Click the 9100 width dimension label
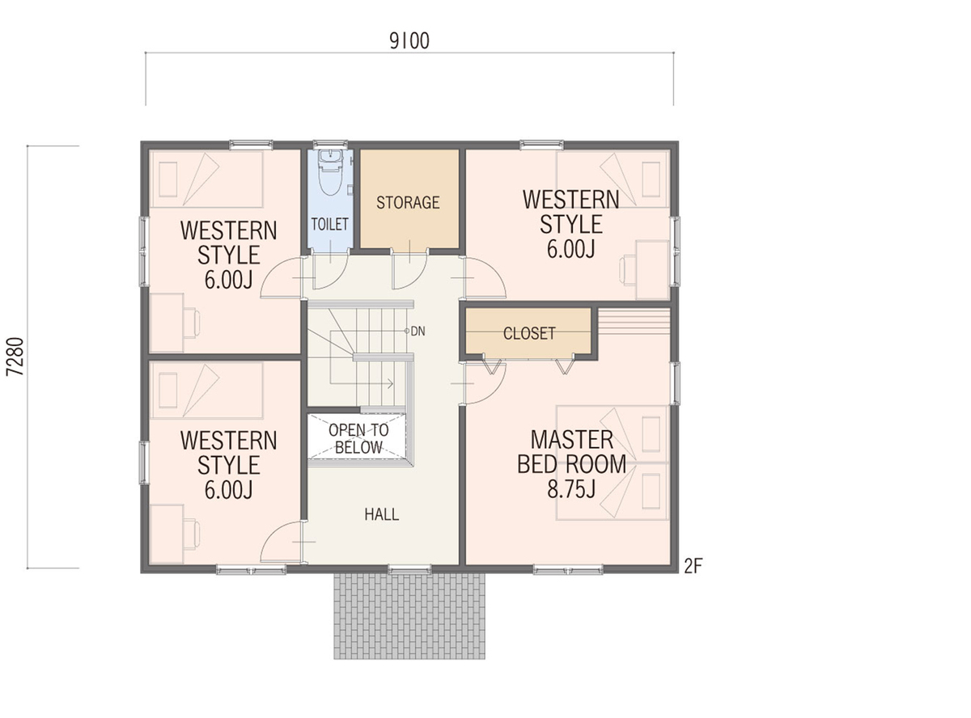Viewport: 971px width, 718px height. pyautogui.click(x=409, y=41)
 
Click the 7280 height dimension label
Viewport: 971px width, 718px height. pyautogui.click(x=15, y=357)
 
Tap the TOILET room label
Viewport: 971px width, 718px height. pyautogui.click(x=329, y=225)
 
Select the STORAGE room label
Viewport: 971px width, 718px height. pyautogui.click(x=408, y=203)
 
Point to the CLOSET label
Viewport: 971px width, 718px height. pyautogui.click(x=529, y=333)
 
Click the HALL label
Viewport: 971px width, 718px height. pyautogui.click(x=382, y=514)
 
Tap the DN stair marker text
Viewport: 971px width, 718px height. pyautogui.click(x=418, y=332)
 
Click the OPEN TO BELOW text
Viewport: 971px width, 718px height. pyautogui.click(x=358, y=439)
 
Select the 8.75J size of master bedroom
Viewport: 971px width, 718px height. pyautogui.click(x=571, y=490)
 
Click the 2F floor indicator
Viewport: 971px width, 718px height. pyautogui.click(x=693, y=566)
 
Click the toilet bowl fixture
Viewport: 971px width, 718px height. pyautogui.click(x=330, y=173)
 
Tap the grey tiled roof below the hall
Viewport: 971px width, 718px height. pyautogui.click(x=409, y=622)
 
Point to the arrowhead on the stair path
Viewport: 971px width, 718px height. pyautogui.click(x=390, y=384)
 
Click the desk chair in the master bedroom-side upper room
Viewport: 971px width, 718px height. pyautogui.click(x=627, y=272)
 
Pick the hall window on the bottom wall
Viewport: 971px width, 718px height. pyautogui.click(x=409, y=569)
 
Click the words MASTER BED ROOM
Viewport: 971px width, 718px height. pyautogui.click(x=571, y=452)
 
